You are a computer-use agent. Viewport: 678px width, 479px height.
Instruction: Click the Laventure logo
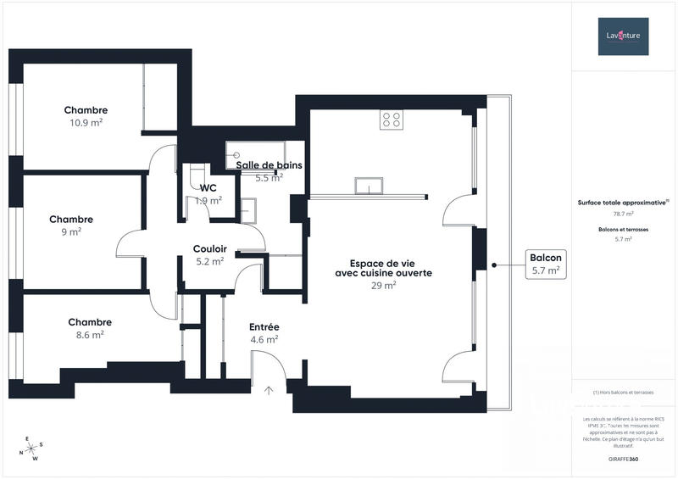point(623,36)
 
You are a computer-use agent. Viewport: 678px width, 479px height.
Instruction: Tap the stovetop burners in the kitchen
point(391,120)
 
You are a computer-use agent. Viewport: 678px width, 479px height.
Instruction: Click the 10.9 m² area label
point(86,123)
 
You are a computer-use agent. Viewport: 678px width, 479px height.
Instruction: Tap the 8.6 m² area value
point(86,335)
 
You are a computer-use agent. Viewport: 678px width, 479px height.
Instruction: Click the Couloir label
point(209,248)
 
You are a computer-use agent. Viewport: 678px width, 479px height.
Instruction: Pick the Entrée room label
point(264,327)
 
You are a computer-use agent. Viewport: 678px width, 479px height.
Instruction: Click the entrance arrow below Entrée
point(270,390)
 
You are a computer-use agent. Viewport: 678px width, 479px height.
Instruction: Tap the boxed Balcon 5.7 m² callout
point(545,265)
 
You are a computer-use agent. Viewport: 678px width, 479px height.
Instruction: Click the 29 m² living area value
point(383,286)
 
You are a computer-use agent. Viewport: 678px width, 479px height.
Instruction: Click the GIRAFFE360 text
point(623,457)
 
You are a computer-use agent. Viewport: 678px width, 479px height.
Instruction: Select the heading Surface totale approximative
point(623,203)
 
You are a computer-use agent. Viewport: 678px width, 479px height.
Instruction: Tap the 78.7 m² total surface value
point(623,214)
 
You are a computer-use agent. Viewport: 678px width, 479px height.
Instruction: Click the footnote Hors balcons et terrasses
point(623,393)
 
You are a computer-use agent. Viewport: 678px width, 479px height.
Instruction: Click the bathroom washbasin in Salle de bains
point(249,209)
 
